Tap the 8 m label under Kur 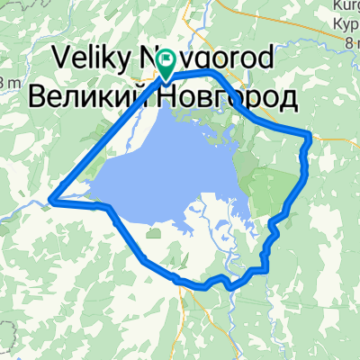345,40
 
